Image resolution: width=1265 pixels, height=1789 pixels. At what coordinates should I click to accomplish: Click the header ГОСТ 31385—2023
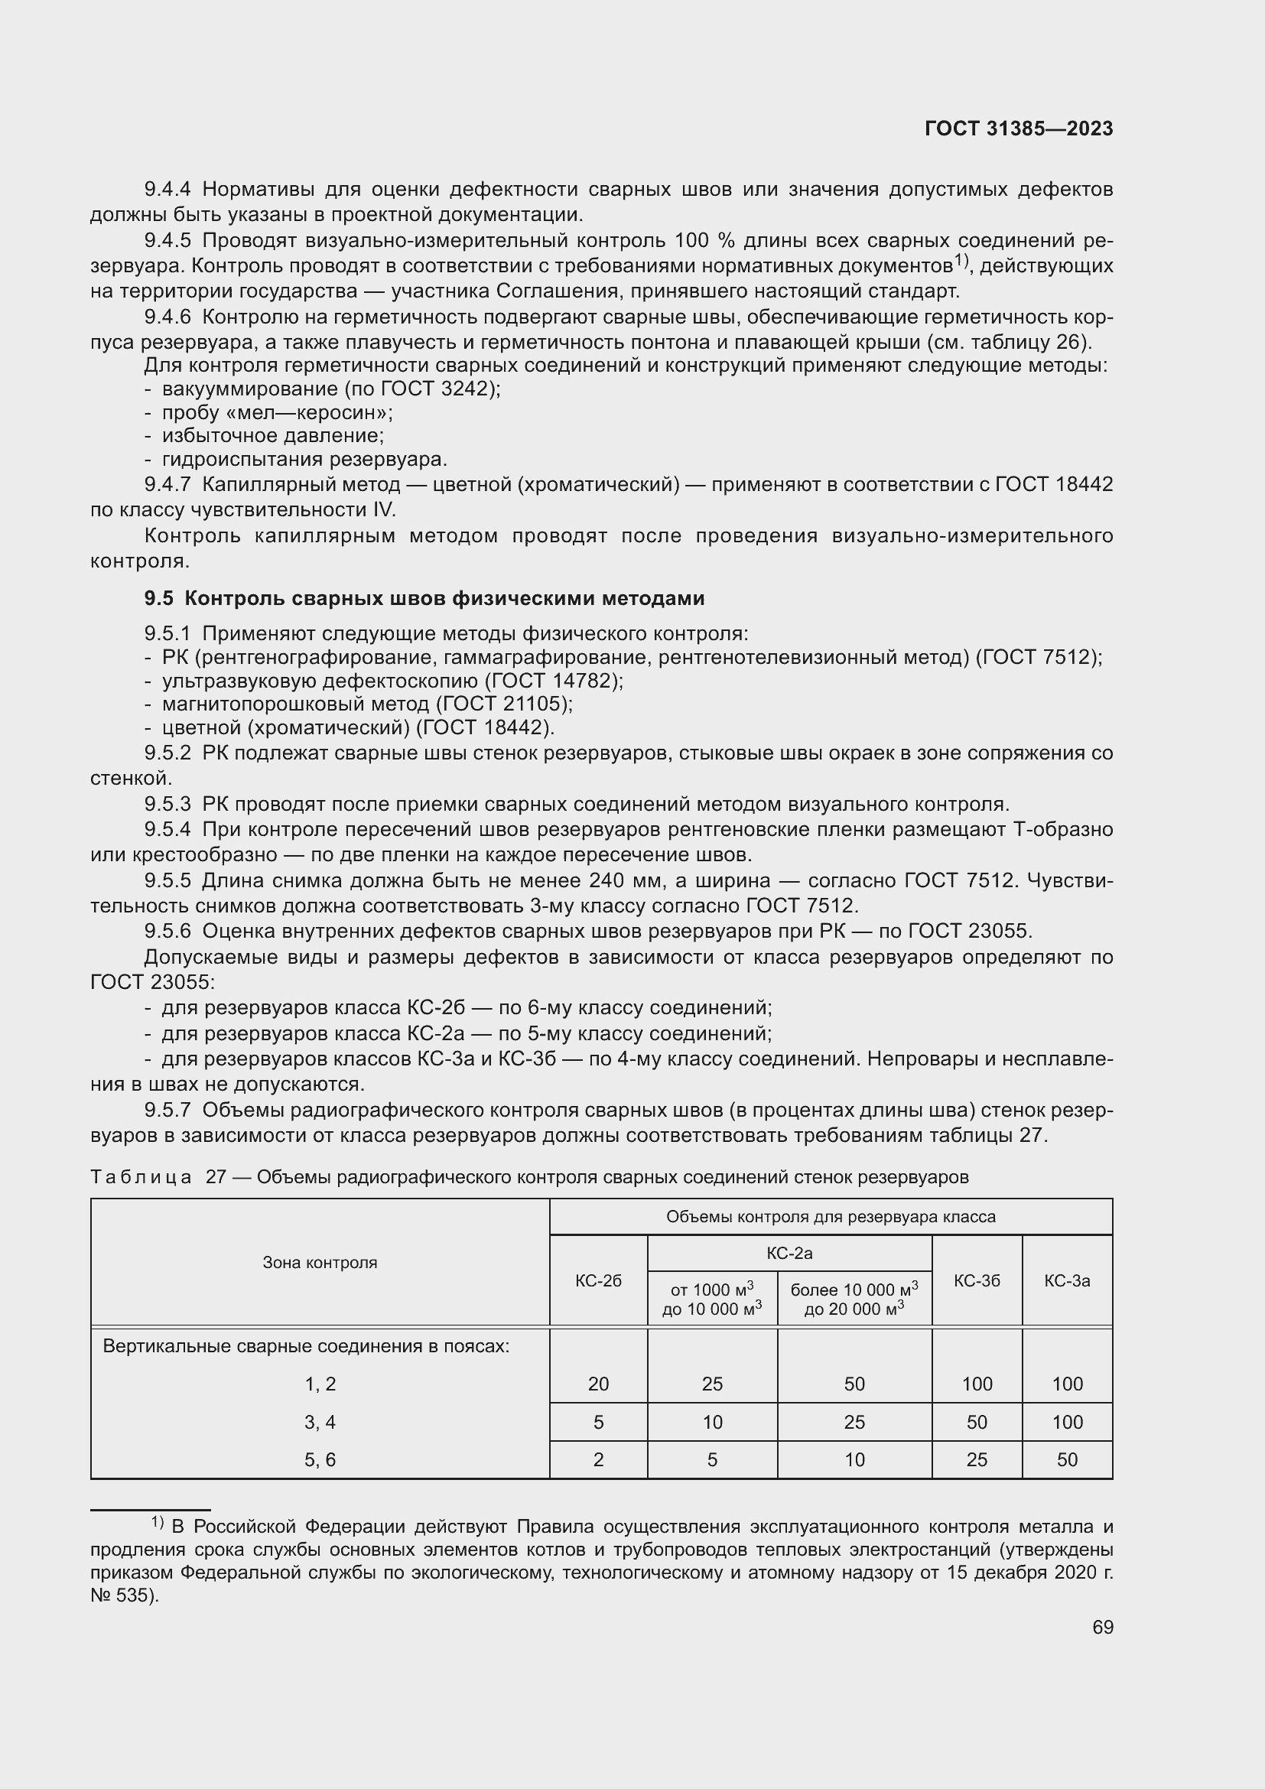pos(1018,129)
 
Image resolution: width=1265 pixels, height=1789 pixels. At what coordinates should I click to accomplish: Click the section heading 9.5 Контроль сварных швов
pos(424,598)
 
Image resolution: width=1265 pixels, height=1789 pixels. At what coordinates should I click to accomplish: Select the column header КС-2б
pos(598,1280)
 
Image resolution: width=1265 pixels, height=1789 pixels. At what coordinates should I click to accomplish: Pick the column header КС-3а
pos(1066,1280)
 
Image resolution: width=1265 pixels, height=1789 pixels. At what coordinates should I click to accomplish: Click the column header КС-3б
pos(976,1280)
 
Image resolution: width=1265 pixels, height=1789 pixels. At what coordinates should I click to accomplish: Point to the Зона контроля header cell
pos(320,1262)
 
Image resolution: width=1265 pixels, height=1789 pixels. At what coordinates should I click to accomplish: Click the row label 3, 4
pos(320,1422)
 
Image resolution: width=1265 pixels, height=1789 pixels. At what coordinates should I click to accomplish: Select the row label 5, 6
pos(320,1459)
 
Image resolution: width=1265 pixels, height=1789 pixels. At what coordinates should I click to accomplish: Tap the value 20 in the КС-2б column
pos(598,1384)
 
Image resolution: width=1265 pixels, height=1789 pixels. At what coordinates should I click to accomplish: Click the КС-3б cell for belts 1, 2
pos(976,1384)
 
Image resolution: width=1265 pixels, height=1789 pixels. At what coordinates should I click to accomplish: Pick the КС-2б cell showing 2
pos(598,1459)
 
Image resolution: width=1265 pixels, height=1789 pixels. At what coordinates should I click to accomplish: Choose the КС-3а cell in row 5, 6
pos(1066,1459)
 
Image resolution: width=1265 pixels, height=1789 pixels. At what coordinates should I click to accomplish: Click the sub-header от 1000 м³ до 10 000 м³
pos(712,1299)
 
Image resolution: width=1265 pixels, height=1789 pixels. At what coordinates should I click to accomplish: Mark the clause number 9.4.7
pos(167,485)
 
